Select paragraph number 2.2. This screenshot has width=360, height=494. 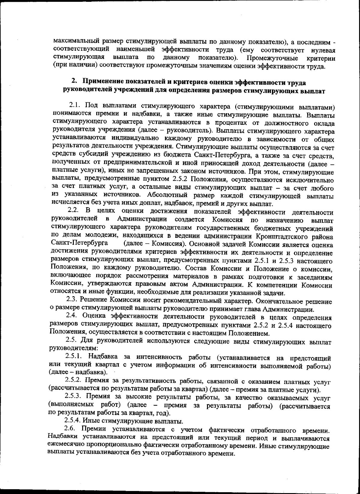[x=73, y=212]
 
